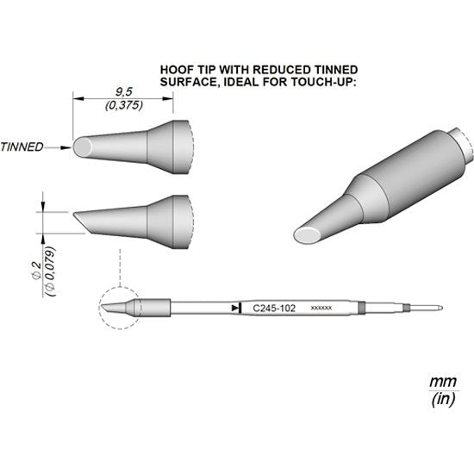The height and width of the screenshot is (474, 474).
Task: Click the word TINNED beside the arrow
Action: click(22, 147)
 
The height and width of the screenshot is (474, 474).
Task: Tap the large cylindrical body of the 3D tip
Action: click(414, 168)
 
